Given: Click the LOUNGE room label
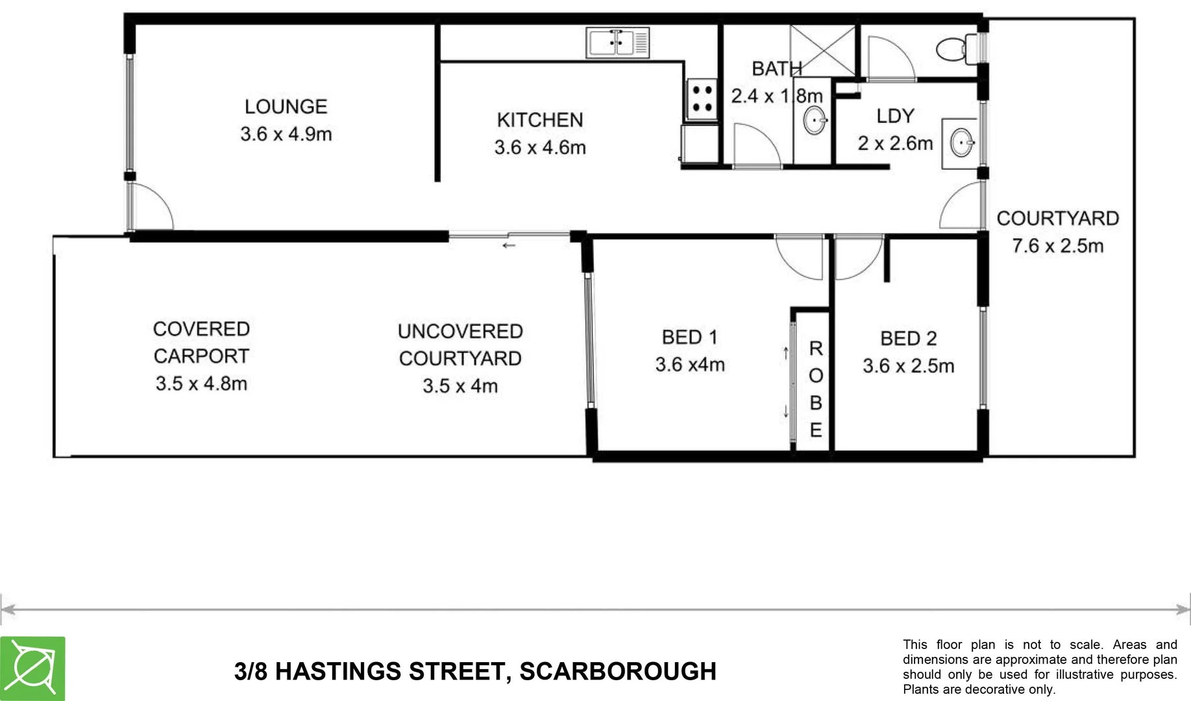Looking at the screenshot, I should (x=286, y=106).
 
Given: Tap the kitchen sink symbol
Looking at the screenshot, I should (x=617, y=43).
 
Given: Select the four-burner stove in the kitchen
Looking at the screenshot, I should (x=701, y=99).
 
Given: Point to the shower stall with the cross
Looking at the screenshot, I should (x=822, y=51).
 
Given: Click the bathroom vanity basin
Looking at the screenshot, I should (x=814, y=121).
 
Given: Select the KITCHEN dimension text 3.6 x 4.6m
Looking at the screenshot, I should (x=539, y=147).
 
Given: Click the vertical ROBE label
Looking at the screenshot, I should (x=816, y=389).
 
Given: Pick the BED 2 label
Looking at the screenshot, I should (x=908, y=338).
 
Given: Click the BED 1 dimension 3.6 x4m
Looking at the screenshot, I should (x=689, y=365).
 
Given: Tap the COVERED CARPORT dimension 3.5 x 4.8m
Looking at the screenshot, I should (x=201, y=384).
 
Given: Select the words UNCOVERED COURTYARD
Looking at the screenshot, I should (x=460, y=345).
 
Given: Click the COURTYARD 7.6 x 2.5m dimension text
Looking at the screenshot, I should (x=1057, y=246).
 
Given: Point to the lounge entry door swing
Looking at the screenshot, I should (x=151, y=206).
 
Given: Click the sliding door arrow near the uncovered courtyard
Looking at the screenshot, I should (x=509, y=245).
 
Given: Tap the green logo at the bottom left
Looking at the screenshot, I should (x=32, y=669).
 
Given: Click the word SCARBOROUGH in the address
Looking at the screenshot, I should (x=617, y=671).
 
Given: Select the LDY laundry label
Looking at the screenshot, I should (x=895, y=116).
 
